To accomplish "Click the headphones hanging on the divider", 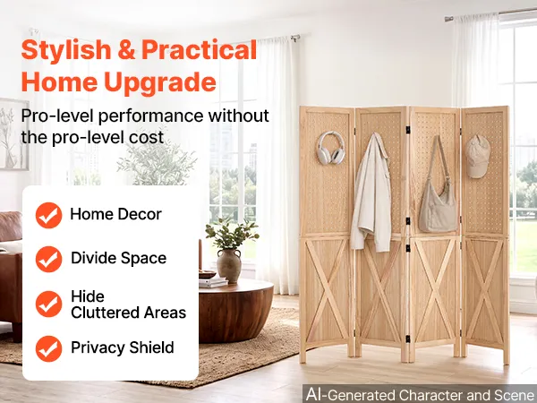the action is (x=330, y=148).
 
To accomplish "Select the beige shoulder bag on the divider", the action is (x=438, y=192).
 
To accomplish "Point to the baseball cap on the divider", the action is (x=478, y=156).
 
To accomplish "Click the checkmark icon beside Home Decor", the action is (x=48, y=215).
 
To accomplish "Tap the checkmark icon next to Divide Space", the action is (x=48, y=259).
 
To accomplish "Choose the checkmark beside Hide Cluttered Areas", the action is (x=48, y=304).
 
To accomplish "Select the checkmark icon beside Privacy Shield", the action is (x=48, y=348).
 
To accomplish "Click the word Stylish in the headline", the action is (x=66, y=50).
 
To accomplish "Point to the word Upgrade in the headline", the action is (x=160, y=82).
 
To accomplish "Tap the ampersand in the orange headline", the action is (x=126, y=50).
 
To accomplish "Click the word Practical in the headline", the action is (x=199, y=50).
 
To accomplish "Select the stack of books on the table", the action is (x=213, y=282).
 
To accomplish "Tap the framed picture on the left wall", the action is (x=13, y=133).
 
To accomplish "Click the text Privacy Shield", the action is (x=123, y=347).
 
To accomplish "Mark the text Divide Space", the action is (x=118, y=258).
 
